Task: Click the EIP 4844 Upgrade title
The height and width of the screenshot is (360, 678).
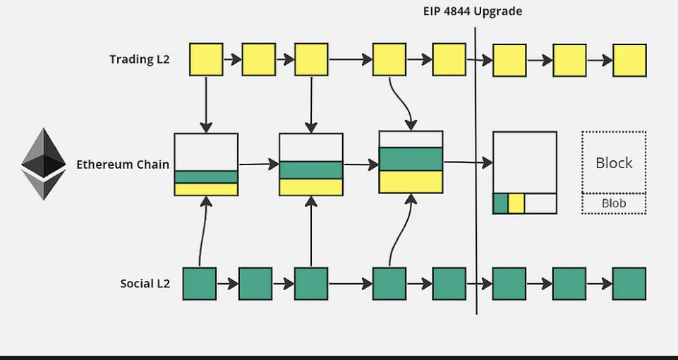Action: (473, 11)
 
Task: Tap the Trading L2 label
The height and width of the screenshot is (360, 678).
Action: (140, 59)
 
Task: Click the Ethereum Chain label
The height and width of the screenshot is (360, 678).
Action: (123, 164)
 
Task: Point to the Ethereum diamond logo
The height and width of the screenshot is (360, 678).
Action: (43, 164)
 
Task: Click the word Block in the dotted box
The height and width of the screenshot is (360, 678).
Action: (614, 163)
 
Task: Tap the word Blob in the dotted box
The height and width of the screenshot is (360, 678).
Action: (614, 204)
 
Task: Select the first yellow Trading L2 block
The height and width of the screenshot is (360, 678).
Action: (206, 60)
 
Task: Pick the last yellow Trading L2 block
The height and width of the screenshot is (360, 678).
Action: (629, 60)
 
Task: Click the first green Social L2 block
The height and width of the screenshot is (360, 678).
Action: (200, 284)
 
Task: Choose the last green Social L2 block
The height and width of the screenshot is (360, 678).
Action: (629, 284)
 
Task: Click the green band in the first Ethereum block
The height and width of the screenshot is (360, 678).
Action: (206, 176)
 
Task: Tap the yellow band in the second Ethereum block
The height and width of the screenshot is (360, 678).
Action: (311, 187)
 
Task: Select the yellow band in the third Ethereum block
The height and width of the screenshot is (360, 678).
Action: (411, 181)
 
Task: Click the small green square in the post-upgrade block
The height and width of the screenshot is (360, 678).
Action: (500, 203)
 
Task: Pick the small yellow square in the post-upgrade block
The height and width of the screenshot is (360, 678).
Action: (516, 203)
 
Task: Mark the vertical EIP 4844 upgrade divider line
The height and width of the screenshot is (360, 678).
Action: (476, 169)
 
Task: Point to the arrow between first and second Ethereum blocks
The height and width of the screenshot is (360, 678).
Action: (258, 164)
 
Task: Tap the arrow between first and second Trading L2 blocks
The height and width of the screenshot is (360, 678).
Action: (232, 60)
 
